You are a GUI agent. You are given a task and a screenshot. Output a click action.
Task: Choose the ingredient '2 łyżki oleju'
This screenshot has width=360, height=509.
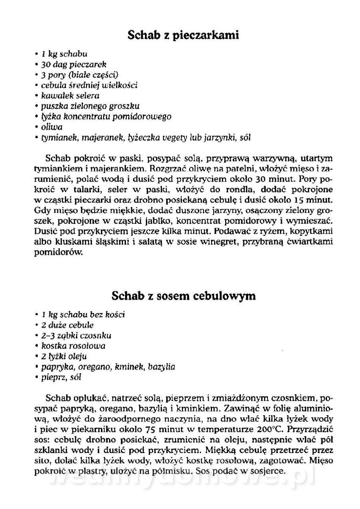point(64,356)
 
